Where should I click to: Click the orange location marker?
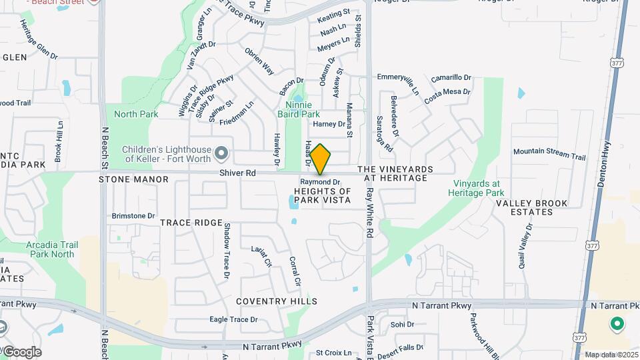coord(320,159)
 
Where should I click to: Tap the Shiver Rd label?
coord(238,173)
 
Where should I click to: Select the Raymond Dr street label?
coord(320,182)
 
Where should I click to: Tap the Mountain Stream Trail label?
coord(549,154)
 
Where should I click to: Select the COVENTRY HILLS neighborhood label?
coord(276,301)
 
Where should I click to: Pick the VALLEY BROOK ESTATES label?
coord(531,207)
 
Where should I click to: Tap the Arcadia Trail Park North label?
coord(50,249)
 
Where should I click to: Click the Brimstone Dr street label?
coord(133,216)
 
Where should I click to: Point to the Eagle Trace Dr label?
coord(233,320)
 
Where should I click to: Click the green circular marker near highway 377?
coord(617,324)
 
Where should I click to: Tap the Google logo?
coord(22,351)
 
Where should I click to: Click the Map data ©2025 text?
coord(611,355)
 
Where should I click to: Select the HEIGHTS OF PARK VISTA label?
coord(322,195)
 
